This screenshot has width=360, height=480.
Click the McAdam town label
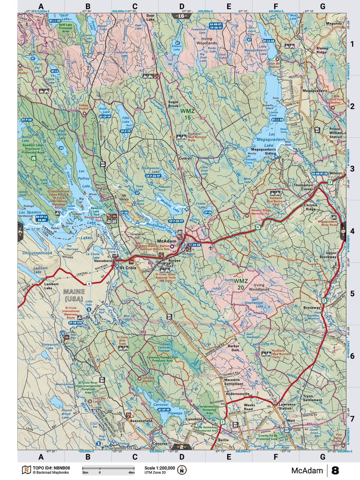(x=167, y=241)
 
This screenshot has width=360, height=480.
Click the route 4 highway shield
(x=258, y=227)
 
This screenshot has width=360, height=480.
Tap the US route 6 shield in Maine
(x=89, y=284)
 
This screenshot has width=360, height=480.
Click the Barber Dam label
(x=233, y=348)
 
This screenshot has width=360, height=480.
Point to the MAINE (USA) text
(x=74, y=294)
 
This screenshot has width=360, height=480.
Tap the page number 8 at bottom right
(x=335, y=471)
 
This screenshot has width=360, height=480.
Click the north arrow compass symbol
(x=182, y=470)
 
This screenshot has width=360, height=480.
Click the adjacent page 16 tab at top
(x=181, y=16)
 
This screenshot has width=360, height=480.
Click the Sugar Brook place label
(x=173, y=104)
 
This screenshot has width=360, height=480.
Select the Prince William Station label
(x=335, y=133)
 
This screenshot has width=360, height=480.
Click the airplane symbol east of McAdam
(x=211, y=247)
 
